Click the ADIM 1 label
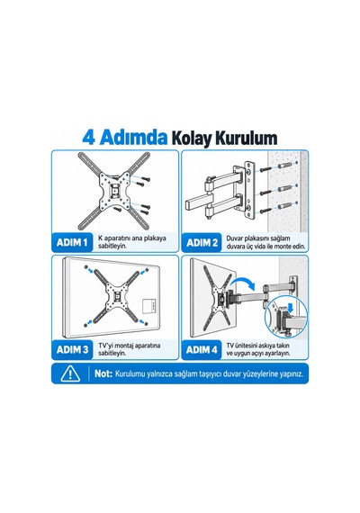coord(72,242)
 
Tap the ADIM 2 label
coord(202,243)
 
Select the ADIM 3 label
coord(72,350)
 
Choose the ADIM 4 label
coord(202,350)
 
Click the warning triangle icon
coord(70,373)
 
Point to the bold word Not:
coord(103,373)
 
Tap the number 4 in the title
coord(89,138)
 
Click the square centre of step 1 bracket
coord(114,190)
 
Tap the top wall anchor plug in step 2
coord(284,166)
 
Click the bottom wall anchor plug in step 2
coord(284,206)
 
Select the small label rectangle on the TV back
coord(149,306)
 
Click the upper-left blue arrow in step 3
coord(90,270)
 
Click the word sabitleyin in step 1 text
coord(112,247)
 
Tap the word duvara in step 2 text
coord(235,247)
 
